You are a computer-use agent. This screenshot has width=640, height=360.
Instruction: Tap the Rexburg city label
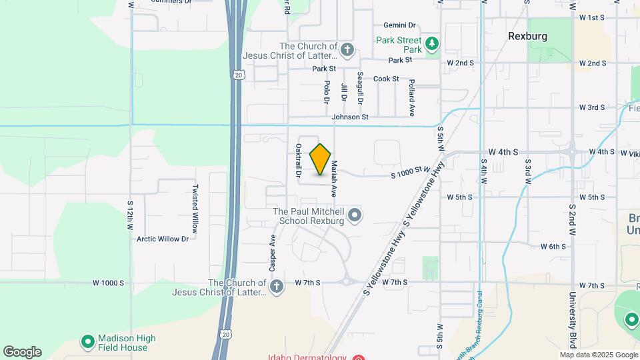pos(527,36)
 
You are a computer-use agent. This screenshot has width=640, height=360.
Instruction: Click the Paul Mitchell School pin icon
pos(355,215)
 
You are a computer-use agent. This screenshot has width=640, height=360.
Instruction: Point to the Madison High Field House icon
pos(87,343)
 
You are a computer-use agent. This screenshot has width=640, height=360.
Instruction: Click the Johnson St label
pos(351,117)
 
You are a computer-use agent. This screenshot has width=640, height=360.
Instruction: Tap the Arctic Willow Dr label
pos(163,238)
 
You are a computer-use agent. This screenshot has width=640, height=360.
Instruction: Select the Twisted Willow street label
pos(195,204)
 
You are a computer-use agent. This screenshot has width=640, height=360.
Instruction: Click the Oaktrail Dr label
pos(299,161)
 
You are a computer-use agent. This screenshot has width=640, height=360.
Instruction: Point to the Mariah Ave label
pos(333,178)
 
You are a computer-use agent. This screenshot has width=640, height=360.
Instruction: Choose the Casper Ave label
pos(273,252)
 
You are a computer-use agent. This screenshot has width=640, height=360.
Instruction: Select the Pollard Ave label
pos(412,97)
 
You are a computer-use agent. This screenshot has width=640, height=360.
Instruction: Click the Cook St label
pos(386,79)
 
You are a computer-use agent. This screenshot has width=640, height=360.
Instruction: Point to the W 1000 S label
pos(108,283)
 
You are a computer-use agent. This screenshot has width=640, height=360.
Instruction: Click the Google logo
pos(22,352)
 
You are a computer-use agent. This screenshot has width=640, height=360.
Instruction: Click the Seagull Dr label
pos(360,88)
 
